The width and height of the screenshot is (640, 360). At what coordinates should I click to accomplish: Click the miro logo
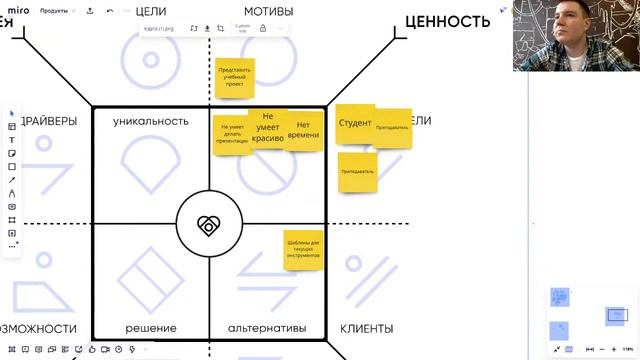[19, 11]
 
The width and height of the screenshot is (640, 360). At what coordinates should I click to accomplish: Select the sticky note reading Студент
[355, 123]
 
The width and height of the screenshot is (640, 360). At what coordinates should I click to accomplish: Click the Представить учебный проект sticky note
[235, 77]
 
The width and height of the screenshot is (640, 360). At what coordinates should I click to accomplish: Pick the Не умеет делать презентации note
[230, 135]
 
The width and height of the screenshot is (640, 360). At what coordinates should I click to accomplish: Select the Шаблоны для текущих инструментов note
[302, 249]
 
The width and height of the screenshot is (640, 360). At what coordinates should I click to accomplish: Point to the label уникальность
[150, 121]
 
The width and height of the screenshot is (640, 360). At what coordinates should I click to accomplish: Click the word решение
[151, 328]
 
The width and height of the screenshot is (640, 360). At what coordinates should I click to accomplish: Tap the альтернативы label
[266, 328]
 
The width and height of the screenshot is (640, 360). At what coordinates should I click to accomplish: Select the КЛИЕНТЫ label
[366, 328]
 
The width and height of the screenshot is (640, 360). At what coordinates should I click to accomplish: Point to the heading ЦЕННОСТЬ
[447, 21]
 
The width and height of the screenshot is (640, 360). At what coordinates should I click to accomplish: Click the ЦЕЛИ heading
[150, 11]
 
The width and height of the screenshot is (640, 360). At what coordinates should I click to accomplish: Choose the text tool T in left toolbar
[12, 140]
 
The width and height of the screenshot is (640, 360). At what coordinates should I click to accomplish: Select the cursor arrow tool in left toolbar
[12, 113]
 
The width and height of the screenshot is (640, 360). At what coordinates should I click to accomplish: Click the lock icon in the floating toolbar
[263, 28]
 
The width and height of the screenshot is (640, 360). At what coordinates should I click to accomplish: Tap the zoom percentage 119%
[614, 349]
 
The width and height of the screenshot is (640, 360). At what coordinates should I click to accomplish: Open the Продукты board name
[54, 11]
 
